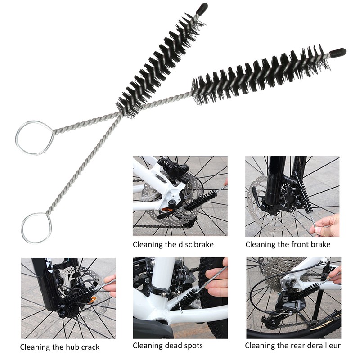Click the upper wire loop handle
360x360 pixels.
point(34,138)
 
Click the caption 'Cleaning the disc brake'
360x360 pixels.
point(173,245)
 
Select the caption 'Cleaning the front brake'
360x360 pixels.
point(288,245)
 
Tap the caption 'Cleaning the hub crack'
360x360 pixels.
point(60,347)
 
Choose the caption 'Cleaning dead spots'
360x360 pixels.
point(167,346)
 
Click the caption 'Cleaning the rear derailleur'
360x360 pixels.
point(292,346)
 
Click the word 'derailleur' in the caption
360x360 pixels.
point(323,346)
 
